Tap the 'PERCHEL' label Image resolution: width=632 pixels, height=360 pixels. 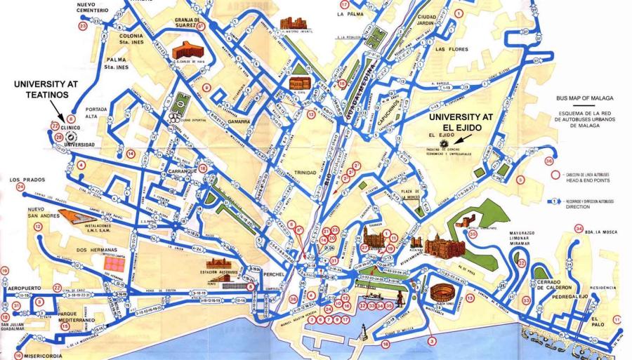point(271,273)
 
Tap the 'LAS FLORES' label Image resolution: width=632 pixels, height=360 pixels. point(450,50)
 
